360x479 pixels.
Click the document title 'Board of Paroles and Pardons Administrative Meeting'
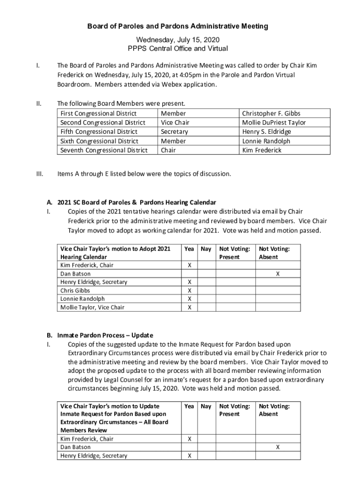[178, 27]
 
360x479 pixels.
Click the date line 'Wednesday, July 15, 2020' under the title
[178, 40]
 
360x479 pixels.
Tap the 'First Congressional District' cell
[99, 113]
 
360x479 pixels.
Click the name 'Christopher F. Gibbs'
[271, 113]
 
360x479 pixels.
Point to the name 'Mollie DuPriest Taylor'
[274, 123]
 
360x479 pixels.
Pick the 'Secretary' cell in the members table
[174, 132]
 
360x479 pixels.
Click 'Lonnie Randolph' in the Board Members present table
[266, 141]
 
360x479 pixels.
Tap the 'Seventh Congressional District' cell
[104, 150]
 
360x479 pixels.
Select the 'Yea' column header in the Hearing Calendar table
[189, 249]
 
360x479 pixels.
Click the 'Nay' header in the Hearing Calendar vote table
[206, 249]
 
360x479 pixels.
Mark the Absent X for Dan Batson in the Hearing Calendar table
[278, 274]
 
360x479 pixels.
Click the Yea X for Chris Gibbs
[189, 290]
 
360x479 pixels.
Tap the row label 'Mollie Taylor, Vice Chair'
[93, 307]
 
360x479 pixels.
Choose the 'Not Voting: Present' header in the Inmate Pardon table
[235, 410]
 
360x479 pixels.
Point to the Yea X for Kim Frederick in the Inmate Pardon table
[189, 439]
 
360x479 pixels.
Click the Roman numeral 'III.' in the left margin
[40, 174]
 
